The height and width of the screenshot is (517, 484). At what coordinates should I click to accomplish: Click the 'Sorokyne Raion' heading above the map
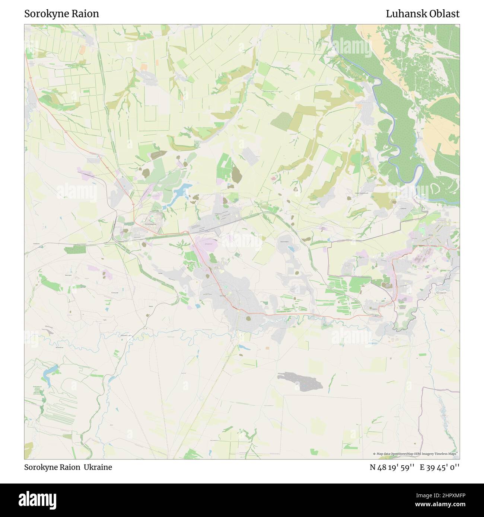coord(62,14)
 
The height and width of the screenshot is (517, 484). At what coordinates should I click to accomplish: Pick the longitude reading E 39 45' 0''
coord(440,467)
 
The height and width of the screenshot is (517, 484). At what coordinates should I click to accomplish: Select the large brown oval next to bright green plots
coord(236,173)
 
